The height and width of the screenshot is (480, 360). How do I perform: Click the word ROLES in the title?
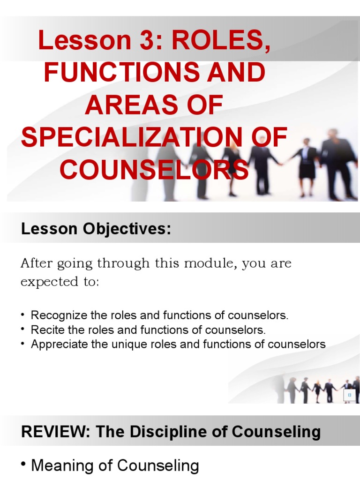click(x=221, y=41)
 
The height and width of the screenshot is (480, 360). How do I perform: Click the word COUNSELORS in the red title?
click(x=154, y=170)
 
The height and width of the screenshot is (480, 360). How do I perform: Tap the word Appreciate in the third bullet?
click(x=58, y=344)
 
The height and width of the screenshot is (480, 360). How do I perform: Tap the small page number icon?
click(x=349, y=396)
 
